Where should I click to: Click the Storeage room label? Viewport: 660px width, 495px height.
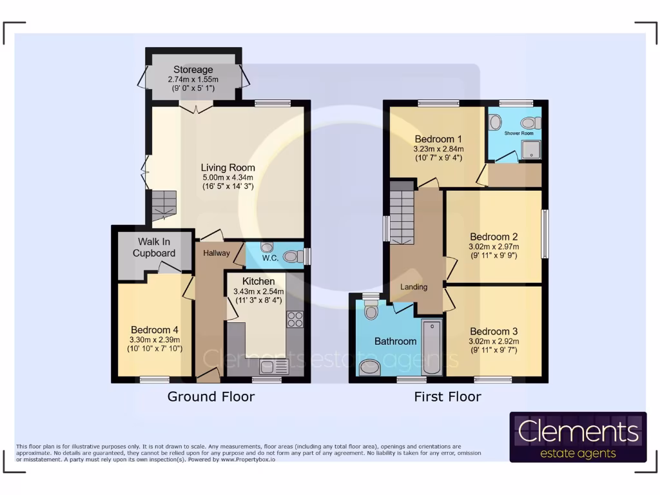(x=193, y=70)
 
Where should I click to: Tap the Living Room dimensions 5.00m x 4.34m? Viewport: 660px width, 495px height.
(x=228, y=178)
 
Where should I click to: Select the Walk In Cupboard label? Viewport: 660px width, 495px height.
(x=154, y=247)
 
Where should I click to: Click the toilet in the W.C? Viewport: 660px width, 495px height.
(x=292, y=257)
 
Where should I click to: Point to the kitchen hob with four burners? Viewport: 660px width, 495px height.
(x=295, y=320)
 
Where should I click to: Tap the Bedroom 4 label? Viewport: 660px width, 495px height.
(x=155, y=330)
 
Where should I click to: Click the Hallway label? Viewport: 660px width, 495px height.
(x=216, y=253)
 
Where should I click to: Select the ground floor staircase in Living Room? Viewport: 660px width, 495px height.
(x=163, y=204)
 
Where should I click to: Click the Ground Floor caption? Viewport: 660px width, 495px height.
(x=211, y=396)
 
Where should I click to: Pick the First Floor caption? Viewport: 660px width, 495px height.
(x=447, y=396)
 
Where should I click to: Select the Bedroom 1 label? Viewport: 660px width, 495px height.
(x=438, y=139)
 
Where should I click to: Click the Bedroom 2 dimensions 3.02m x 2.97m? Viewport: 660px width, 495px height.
(x=494, y=246)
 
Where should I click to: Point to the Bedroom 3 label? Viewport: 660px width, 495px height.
(x=494, y=331)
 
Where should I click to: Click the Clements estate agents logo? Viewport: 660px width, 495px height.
(x=577, y=437)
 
